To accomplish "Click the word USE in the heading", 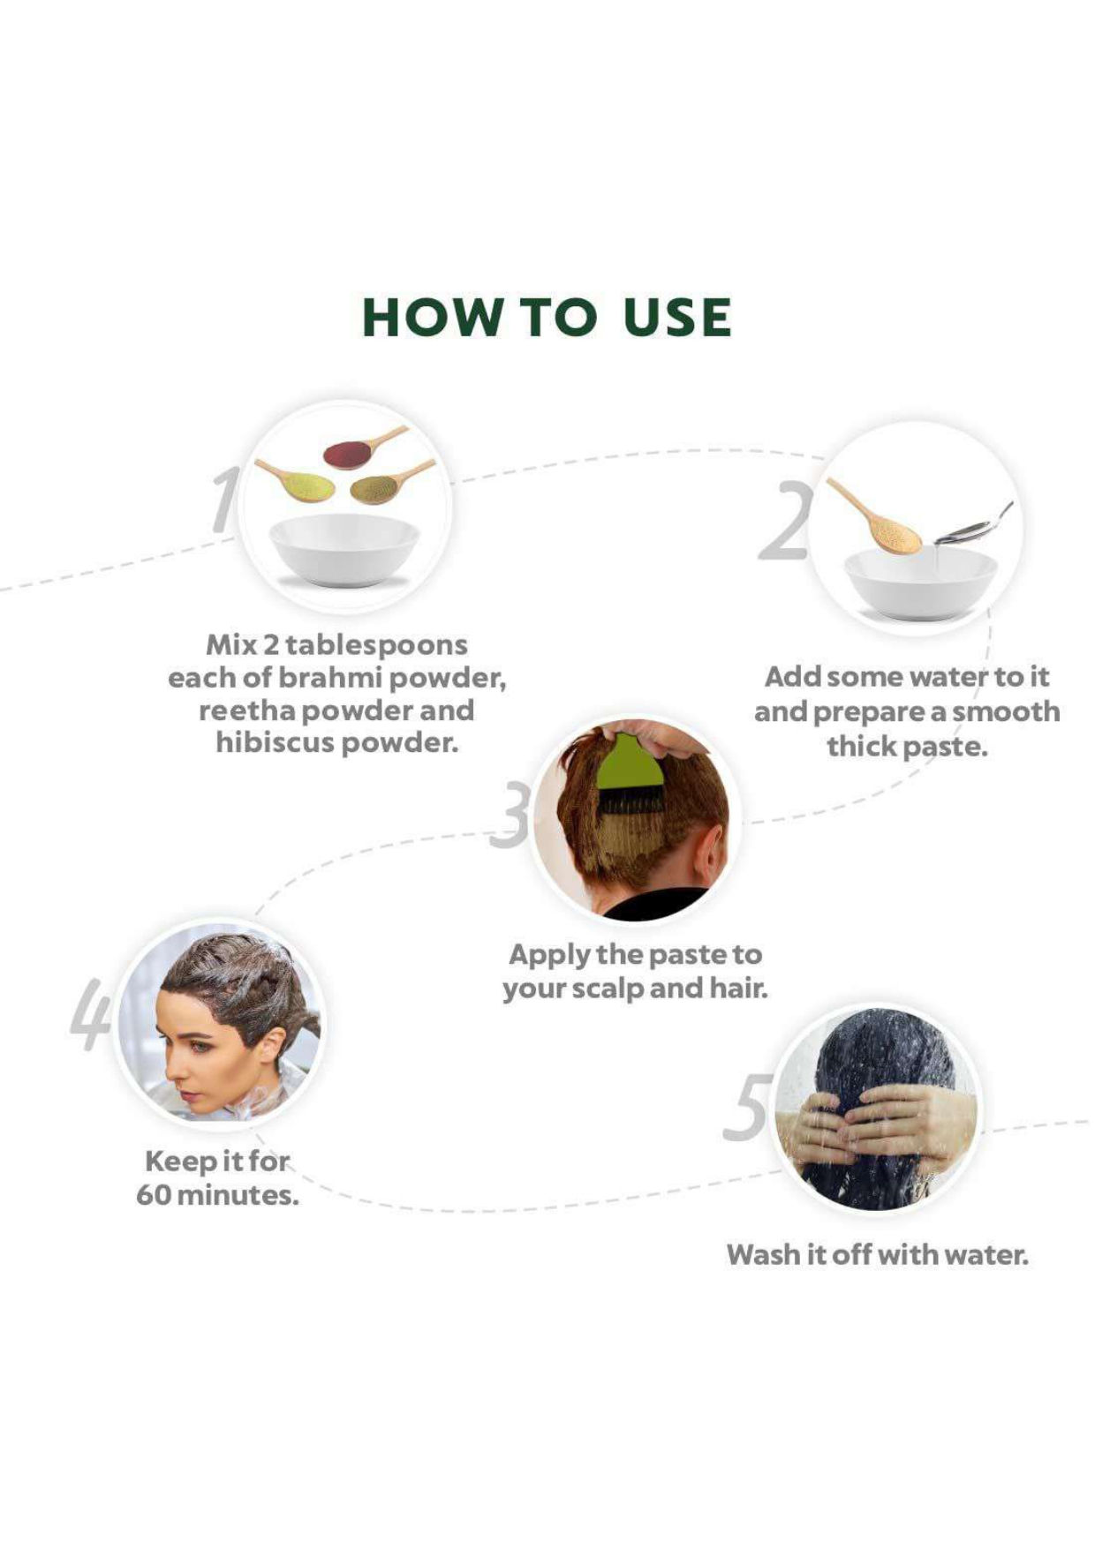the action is click(677, 317).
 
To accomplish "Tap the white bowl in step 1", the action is click(344, 550).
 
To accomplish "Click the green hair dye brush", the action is click(631, 774).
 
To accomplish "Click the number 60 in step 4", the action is click(154, 1195).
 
